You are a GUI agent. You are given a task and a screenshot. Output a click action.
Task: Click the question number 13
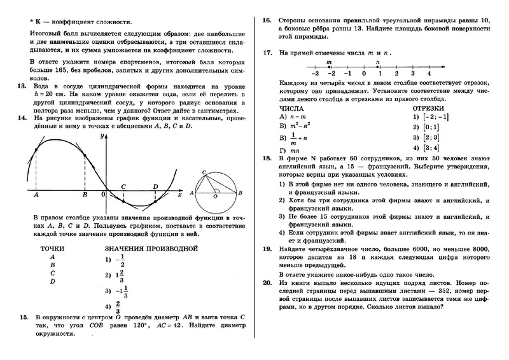click(22, 85)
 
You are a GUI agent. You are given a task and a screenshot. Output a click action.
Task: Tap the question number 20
click(267, 280)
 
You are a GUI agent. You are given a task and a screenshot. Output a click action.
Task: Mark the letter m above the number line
click(328, 62)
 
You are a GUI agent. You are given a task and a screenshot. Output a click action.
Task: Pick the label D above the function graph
click(155, 186)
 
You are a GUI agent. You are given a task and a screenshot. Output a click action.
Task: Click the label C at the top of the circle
click(203, 172)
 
